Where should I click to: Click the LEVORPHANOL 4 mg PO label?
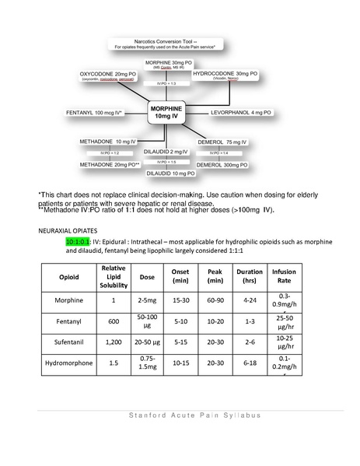[x=242, y=113]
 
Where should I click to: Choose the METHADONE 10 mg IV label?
[x=108, y=142]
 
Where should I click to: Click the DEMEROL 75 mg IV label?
[x=222, y=142]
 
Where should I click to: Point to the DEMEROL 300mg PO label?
[x=222, y=165]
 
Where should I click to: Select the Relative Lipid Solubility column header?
[x=114, y=276]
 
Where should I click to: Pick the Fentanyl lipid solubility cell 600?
[x=114, y=320]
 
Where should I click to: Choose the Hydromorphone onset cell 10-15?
[x=182, y=362]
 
